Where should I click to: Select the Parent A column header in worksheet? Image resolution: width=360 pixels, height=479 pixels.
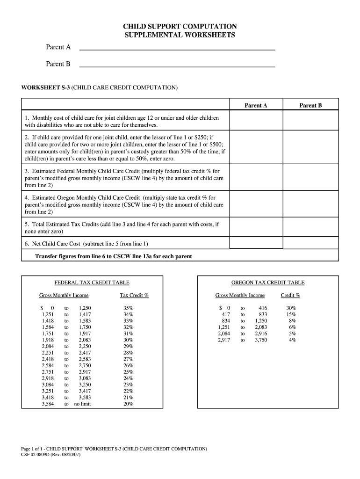coord(256,106)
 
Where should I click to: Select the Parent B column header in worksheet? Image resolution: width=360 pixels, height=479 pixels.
coord(310,106)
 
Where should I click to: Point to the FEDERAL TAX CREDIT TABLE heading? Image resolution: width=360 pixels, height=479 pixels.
coord(92,283)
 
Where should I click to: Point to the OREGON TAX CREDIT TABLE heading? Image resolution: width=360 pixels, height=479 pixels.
coord(268,283)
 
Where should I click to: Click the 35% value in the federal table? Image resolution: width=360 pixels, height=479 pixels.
coord(128,308)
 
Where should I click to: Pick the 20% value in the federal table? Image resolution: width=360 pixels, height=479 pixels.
coord(128,404)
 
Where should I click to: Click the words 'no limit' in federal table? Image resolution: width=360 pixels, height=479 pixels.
coord(83,404)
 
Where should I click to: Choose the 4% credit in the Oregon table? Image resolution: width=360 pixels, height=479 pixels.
coord(292,340)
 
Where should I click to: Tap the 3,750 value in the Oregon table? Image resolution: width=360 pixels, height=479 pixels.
coord(261,340)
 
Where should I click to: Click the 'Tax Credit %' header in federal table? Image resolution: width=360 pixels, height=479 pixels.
coord(134,295)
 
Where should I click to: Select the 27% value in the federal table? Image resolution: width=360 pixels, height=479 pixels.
coord(128,359)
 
